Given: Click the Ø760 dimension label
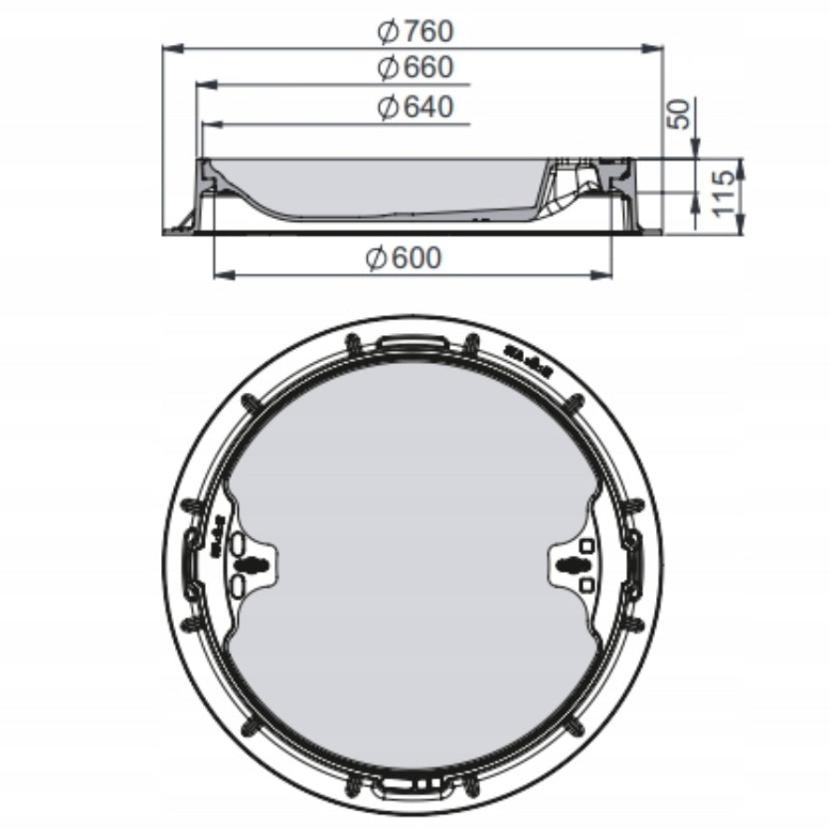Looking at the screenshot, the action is (x=415, y=31).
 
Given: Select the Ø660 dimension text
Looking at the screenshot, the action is (x=415, y=67).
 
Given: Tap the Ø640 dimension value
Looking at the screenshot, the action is (x=415, y=107).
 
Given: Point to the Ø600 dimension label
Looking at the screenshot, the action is (x=403, y=258).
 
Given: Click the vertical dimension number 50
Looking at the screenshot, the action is (x=678, y=113).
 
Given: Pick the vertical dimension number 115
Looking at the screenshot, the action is (x=723, y=194).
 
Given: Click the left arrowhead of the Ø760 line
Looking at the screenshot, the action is (x=172, y=49).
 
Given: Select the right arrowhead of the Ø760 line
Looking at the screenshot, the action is (x=652, y=49).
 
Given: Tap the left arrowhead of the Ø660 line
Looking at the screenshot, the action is (x=207, y=85).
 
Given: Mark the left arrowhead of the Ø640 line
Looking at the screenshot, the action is (x=212, y=125).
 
